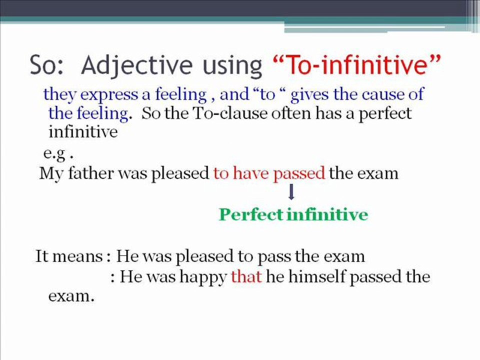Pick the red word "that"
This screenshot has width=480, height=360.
[x=246, y=276]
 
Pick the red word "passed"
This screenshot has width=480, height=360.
[x=299, y=174]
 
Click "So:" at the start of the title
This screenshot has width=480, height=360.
[x=48, y=65]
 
